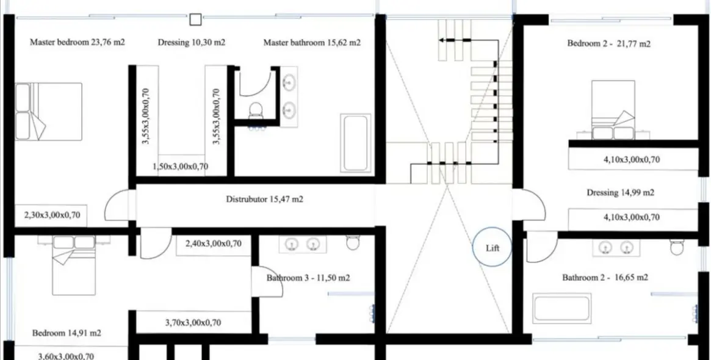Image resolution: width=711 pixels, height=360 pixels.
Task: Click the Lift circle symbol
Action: (x=492, y=248)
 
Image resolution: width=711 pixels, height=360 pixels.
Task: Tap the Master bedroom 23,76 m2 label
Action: (x=78, y=43)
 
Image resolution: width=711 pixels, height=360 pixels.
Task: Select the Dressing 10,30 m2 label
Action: (x=192, y=43)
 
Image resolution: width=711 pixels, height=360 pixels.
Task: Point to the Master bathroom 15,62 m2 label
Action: (x=312, y=43)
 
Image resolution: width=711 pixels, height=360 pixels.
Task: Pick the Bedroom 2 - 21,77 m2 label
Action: (x=608, y=43)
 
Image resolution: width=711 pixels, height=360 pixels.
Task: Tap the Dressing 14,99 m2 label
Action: (x=620, y=192)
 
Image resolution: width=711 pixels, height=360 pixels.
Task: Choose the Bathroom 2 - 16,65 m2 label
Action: (x=605, y=278)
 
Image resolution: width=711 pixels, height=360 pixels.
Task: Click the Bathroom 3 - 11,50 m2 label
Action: (x=308, y=278)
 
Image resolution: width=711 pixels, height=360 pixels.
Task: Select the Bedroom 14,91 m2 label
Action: (x=67, y=333)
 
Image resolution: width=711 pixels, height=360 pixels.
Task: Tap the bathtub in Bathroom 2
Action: (x=562, y=308)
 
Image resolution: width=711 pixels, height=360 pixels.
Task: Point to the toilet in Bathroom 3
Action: (x=352, y=243)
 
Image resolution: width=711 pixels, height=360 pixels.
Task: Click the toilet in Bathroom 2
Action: (x=676, y=246)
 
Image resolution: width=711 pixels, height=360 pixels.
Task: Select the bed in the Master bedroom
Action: (x=49, y=112)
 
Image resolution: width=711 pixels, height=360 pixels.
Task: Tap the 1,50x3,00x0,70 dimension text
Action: (x=180, y=166)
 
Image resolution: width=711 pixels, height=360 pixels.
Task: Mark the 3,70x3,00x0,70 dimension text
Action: (x=193, y=322)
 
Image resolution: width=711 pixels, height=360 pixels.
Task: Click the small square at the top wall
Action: (x=195, y=20)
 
